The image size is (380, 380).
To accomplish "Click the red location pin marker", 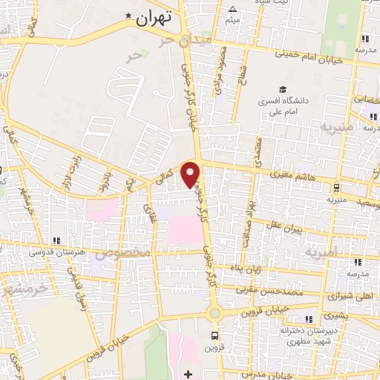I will click(x=191, y=173).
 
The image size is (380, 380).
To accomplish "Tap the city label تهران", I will click(x=154, y=16).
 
